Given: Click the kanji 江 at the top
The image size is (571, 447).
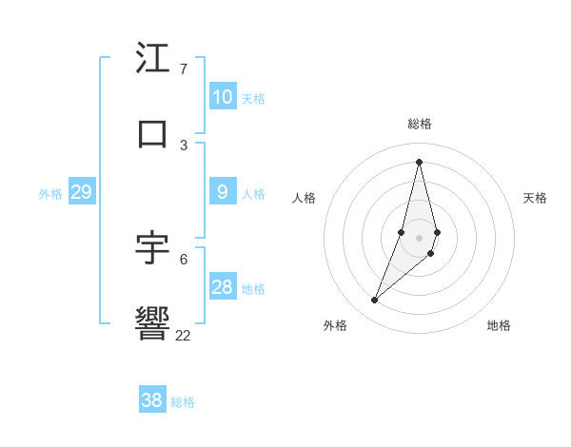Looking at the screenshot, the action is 152,59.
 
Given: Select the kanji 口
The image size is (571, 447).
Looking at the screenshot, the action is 152,133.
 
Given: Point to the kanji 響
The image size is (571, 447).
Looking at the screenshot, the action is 152,323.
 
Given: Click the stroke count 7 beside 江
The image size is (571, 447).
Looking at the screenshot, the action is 184,69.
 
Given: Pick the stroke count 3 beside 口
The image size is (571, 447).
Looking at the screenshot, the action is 184,145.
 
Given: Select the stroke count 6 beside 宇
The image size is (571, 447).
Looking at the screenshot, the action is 184,259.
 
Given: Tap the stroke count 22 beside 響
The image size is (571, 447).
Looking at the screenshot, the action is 184,335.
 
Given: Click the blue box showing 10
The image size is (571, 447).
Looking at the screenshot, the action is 223,97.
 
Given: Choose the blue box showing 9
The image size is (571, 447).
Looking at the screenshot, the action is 223,192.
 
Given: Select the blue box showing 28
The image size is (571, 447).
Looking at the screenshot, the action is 223,287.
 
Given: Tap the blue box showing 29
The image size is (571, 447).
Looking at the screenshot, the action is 81,192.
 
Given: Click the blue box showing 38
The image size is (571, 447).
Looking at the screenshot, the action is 152,400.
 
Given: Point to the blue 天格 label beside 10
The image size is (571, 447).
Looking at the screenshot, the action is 253,99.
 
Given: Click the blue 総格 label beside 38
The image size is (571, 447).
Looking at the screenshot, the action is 183,402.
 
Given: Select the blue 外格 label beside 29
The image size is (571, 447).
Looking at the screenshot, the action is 50,194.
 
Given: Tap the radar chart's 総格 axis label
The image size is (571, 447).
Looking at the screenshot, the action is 420,124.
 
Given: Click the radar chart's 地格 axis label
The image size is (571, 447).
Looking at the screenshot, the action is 499,325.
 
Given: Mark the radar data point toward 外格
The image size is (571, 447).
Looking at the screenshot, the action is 375,301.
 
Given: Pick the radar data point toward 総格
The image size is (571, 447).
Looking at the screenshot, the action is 419,162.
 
